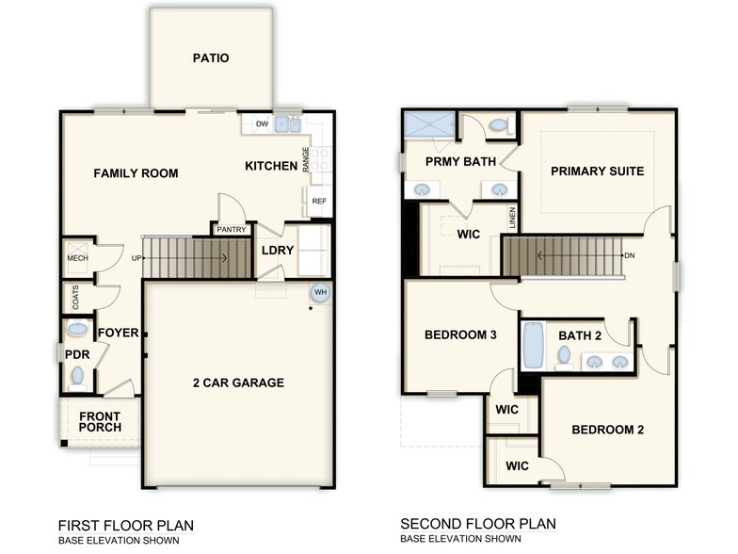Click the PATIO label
[x=211, y=58]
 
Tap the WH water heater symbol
[x=319, y=291]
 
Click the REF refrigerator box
[x=318, y=201]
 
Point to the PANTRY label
[x=232, y=229]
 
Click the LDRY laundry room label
[x=278, y=250]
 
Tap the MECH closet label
[x=77, y=257]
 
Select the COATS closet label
[x=74, y=298]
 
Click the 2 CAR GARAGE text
[x=239, y=383]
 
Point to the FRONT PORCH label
[x=100, y=421]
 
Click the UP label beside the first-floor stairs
[x=136, y=257]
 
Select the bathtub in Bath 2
[x=534, y=346]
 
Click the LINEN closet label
[x=512, y=218]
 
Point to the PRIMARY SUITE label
[x=597, y=171]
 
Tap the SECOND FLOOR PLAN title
[x=477, y=524]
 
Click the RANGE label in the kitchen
[x=306, y=158]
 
